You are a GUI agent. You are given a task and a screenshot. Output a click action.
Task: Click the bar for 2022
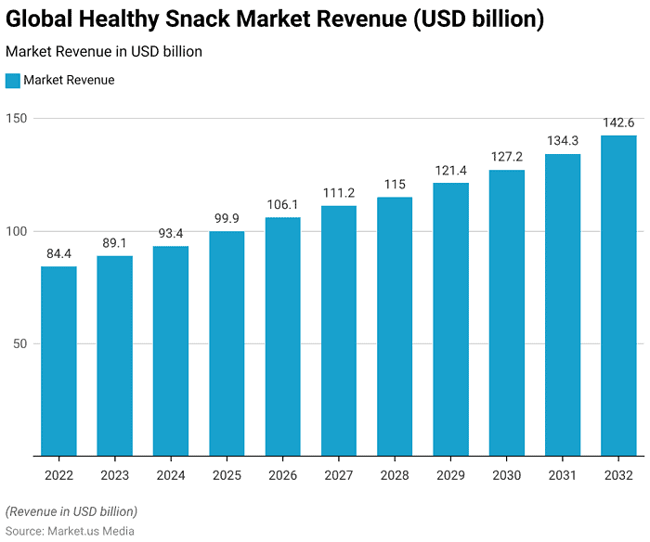click(58, 361)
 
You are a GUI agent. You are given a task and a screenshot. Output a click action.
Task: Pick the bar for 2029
click(450, 319)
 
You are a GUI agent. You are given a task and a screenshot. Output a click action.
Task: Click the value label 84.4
click(58, 253)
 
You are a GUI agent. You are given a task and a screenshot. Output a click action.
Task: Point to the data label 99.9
click(227, 218)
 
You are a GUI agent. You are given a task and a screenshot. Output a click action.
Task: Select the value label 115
click(395, 184)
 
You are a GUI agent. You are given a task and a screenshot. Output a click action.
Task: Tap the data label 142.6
click(618, 123)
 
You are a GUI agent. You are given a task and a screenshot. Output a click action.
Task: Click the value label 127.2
click(507, 157)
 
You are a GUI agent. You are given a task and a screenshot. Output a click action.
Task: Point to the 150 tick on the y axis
click(17, 118)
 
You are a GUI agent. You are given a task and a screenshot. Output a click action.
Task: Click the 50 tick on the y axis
click(20, 343)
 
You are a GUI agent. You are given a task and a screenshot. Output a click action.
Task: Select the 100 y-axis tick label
click(17, 231)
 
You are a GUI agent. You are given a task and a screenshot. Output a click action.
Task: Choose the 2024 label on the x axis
click(171, 475)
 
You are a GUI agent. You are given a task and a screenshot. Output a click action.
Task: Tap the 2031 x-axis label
click(563, 475)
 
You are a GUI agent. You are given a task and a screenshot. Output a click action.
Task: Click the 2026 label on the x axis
click(282, 475)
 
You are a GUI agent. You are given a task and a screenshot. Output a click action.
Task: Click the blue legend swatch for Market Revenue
click(13, 81)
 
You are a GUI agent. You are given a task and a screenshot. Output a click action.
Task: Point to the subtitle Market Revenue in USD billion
click(104, 52)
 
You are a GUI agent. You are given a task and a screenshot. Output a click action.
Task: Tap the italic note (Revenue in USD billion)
click(71, 511)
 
